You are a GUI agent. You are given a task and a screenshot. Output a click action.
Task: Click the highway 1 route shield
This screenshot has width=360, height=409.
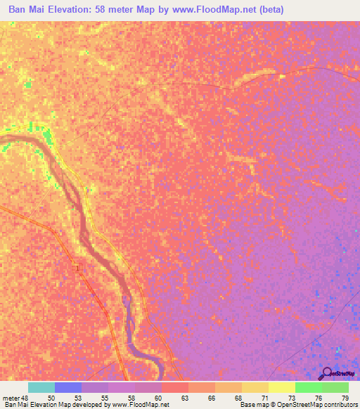(x=77, y=268)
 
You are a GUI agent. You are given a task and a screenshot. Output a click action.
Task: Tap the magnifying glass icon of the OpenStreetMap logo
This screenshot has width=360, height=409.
(x=326, y=373)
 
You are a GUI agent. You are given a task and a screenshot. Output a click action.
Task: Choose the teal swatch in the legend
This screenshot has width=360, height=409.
(x=41, y=387)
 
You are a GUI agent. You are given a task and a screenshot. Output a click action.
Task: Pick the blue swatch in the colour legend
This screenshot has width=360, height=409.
(x=68, y=387)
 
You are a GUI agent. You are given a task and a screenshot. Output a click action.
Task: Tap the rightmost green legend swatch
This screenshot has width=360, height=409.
(x=335, y=387)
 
